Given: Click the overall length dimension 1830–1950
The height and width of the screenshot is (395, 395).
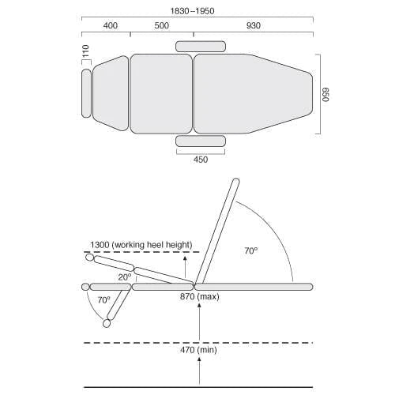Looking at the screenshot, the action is coord(192,11).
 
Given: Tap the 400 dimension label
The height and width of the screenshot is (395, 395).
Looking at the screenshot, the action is coord(111,25).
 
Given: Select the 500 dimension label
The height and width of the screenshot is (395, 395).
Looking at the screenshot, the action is coord(162,25).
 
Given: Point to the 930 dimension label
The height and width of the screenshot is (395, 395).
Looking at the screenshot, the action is coord(254,25).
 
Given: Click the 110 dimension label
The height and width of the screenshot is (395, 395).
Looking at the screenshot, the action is coord(86,51).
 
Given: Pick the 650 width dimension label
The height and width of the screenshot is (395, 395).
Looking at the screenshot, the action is coord(325,94).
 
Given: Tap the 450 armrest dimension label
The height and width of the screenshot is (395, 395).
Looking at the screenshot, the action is coord(201,160).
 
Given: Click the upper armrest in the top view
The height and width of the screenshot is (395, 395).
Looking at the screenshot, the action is coord(201,47).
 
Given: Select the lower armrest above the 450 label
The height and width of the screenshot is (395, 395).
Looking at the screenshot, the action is coord(201,141).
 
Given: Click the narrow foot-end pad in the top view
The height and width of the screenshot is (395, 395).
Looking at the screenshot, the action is coord(86,93).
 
